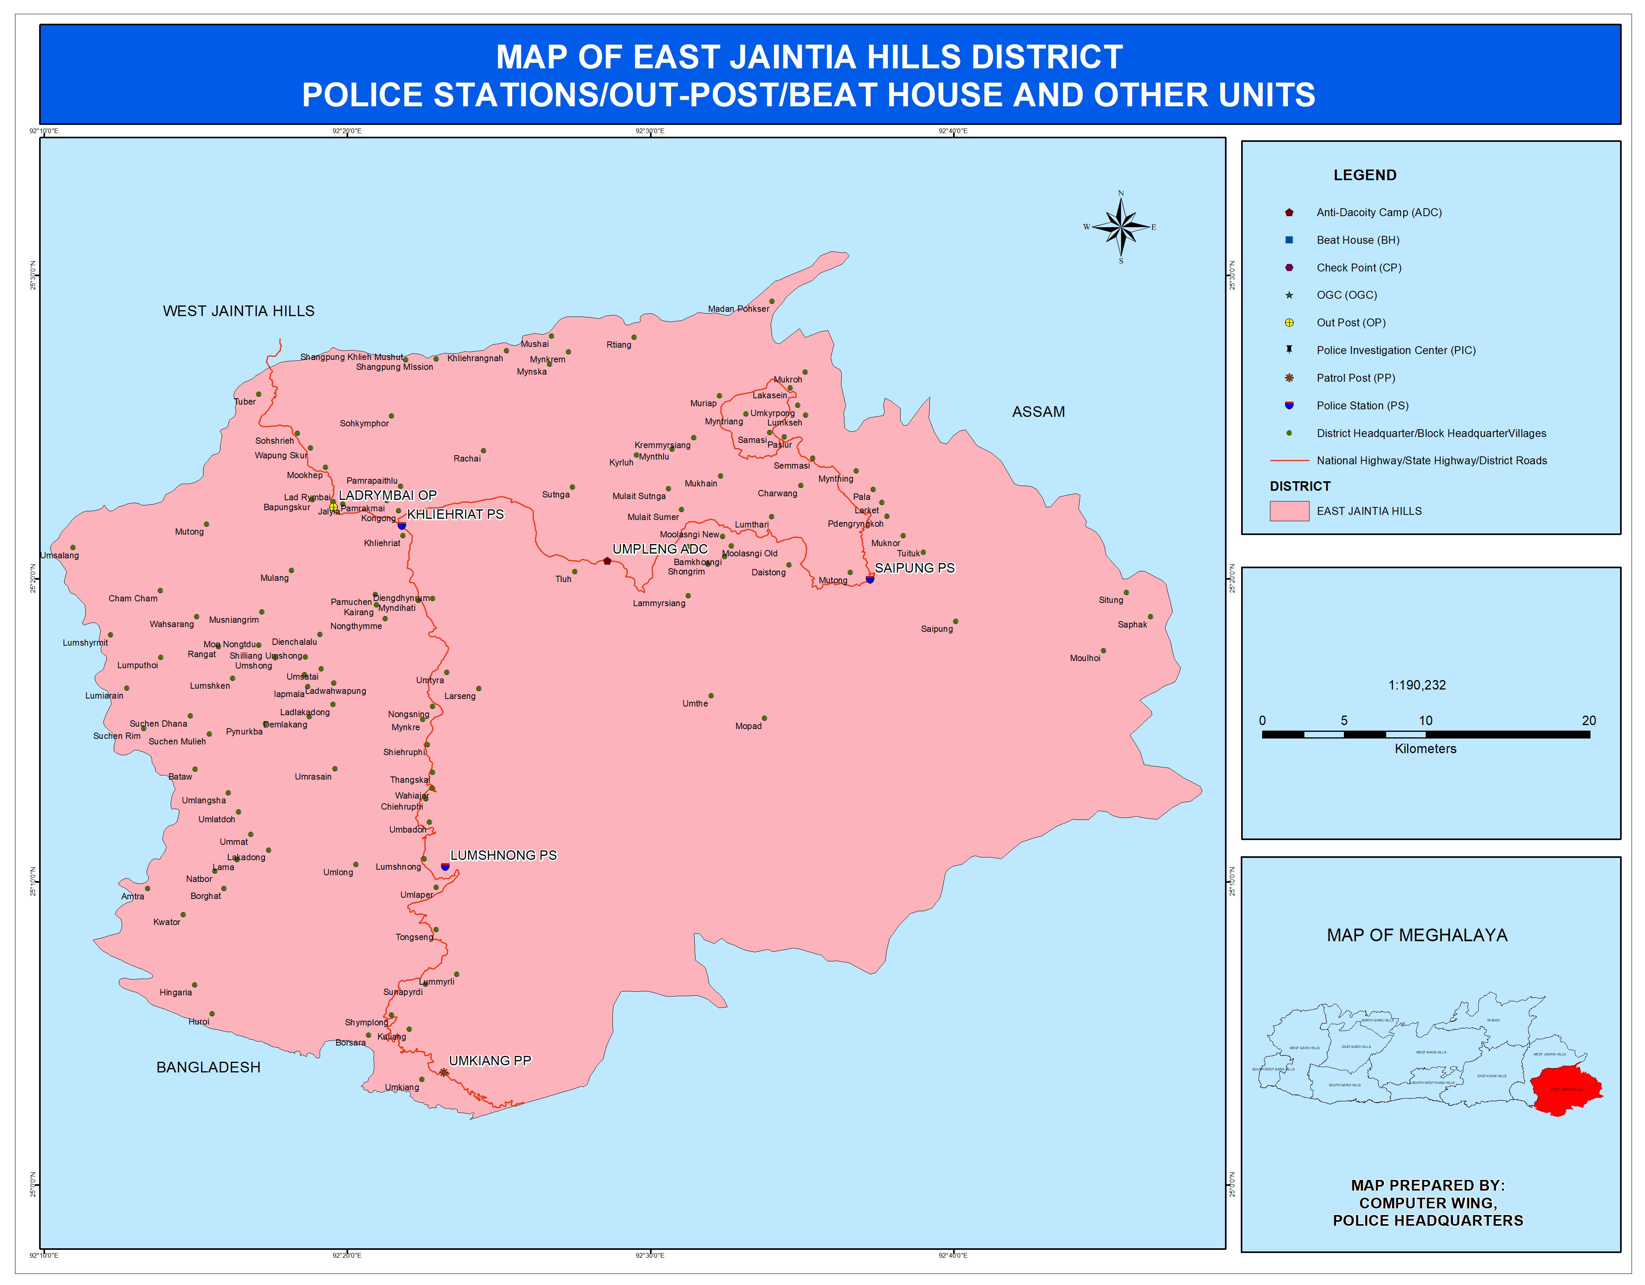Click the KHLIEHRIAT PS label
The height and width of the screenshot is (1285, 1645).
[455, 514]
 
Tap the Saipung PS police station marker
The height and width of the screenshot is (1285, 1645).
[870, 579]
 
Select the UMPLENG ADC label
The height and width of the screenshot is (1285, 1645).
[660, 549]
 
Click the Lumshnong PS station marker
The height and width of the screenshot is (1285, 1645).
[445, 867]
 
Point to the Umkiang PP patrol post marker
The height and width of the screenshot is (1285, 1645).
[444, 1072]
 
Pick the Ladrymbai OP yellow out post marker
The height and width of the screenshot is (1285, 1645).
[334, 507]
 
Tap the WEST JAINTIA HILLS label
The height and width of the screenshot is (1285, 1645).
[239, 311]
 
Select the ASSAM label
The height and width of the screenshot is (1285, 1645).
[1038, 412]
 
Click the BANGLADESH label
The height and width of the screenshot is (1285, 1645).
[209, 1067]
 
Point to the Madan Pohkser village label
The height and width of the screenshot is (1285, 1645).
[738, 309]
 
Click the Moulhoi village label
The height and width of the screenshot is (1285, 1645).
[1085, 658]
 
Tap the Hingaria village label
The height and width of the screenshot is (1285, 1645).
[175, 993]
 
